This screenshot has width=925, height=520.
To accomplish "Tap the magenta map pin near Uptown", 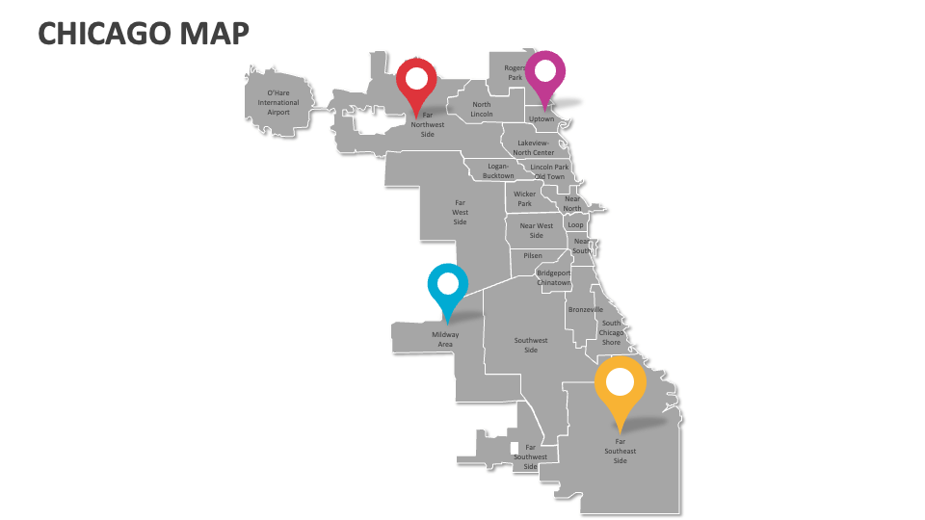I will (545, 72).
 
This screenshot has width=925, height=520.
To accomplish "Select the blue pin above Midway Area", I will (447, 285).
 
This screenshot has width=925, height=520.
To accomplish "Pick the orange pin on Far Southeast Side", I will (620, 384).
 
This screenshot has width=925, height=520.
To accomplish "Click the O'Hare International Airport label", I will (277, 103).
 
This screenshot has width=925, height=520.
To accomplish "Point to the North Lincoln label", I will (482, 109).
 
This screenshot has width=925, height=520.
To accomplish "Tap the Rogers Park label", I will (515, 72).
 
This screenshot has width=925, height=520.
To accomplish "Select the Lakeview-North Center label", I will (534, 147).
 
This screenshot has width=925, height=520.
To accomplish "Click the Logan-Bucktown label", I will (498, 170).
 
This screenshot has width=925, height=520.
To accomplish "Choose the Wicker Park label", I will (524, 198).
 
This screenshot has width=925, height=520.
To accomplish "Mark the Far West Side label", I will (460, 212).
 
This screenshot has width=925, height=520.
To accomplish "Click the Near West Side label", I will (537, 230).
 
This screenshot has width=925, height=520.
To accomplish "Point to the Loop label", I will (575, 224).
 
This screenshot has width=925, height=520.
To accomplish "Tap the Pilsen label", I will (533, 255).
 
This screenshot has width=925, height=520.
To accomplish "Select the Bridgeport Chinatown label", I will (554, 277).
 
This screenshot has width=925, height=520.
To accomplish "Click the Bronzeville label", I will (585, 309).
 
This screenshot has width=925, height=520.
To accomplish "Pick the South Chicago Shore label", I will (612, 332).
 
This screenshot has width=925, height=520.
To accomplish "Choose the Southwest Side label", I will (531, 345).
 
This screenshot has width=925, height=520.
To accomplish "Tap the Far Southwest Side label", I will (530, 456).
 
